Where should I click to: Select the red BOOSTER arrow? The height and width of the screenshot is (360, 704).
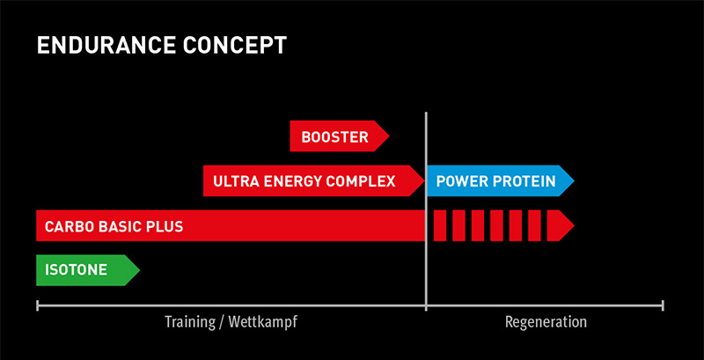340,136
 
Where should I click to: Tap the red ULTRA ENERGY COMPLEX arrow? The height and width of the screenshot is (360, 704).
314,181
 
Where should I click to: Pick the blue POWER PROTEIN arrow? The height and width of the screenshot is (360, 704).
501,181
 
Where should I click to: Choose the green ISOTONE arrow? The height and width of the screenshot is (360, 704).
88,270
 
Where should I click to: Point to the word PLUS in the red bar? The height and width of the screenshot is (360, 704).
167,226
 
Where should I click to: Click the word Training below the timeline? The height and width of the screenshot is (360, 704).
190,322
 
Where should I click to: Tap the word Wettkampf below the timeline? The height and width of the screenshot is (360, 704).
262,322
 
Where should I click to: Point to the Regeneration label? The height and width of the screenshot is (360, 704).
546,322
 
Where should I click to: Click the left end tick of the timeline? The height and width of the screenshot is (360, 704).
37,306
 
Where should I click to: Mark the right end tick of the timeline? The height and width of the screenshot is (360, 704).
663,306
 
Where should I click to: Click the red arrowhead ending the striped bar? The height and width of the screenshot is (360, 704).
559,225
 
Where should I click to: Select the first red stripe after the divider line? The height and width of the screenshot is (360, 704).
440,225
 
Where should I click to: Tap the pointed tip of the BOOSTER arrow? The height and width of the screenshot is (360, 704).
389,136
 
